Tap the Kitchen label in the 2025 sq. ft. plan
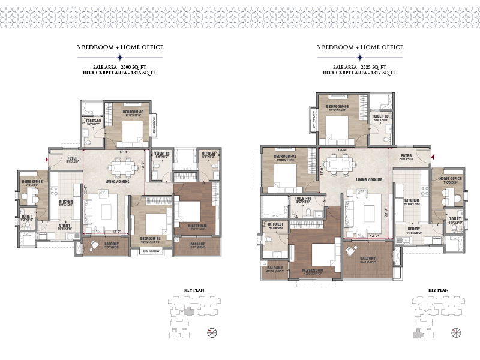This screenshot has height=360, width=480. pos(412,200)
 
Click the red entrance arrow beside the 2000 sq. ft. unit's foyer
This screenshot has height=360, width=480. pos(46,160)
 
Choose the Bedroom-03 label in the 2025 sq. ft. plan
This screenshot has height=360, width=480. pos(338,106)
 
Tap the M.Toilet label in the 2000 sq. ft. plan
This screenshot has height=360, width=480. pos(208,154)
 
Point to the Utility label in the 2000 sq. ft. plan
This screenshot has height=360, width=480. pos(65,226)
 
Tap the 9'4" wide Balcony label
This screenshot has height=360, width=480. pos(367,259)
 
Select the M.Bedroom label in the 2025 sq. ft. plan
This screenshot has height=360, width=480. pos(314,272)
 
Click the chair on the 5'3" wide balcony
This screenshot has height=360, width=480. pos(94,245)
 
